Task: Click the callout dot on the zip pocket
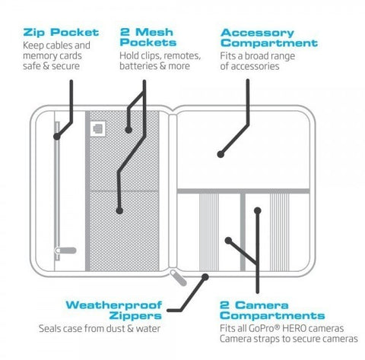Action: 57,137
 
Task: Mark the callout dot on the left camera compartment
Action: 227,240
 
